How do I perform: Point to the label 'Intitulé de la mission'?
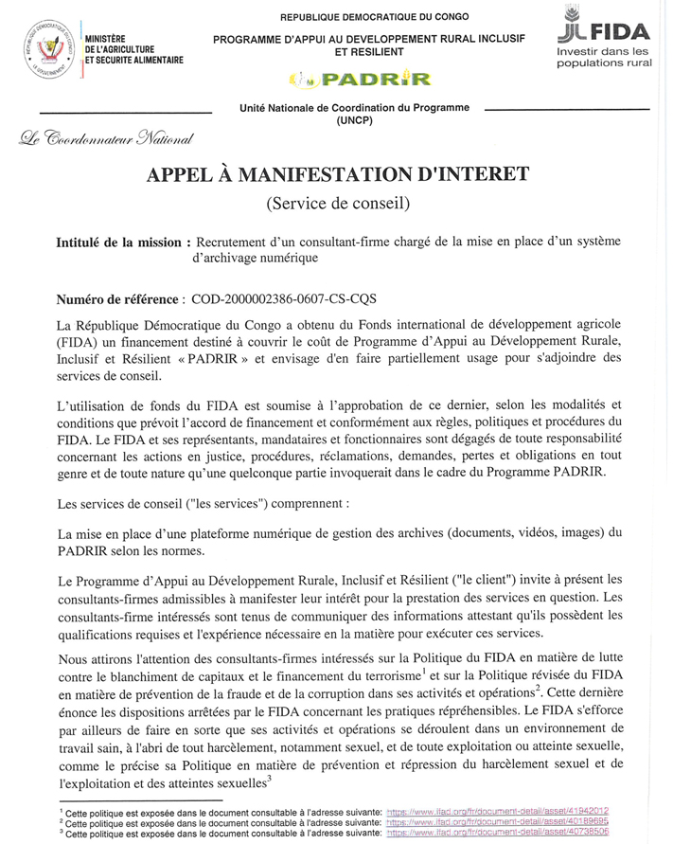click(x=118, y=242)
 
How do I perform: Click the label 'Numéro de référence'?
click(x=118, y=298)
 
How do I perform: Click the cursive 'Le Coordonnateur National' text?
click(x=106, y=140)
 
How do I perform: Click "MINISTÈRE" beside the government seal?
click(x=107, y=36)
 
